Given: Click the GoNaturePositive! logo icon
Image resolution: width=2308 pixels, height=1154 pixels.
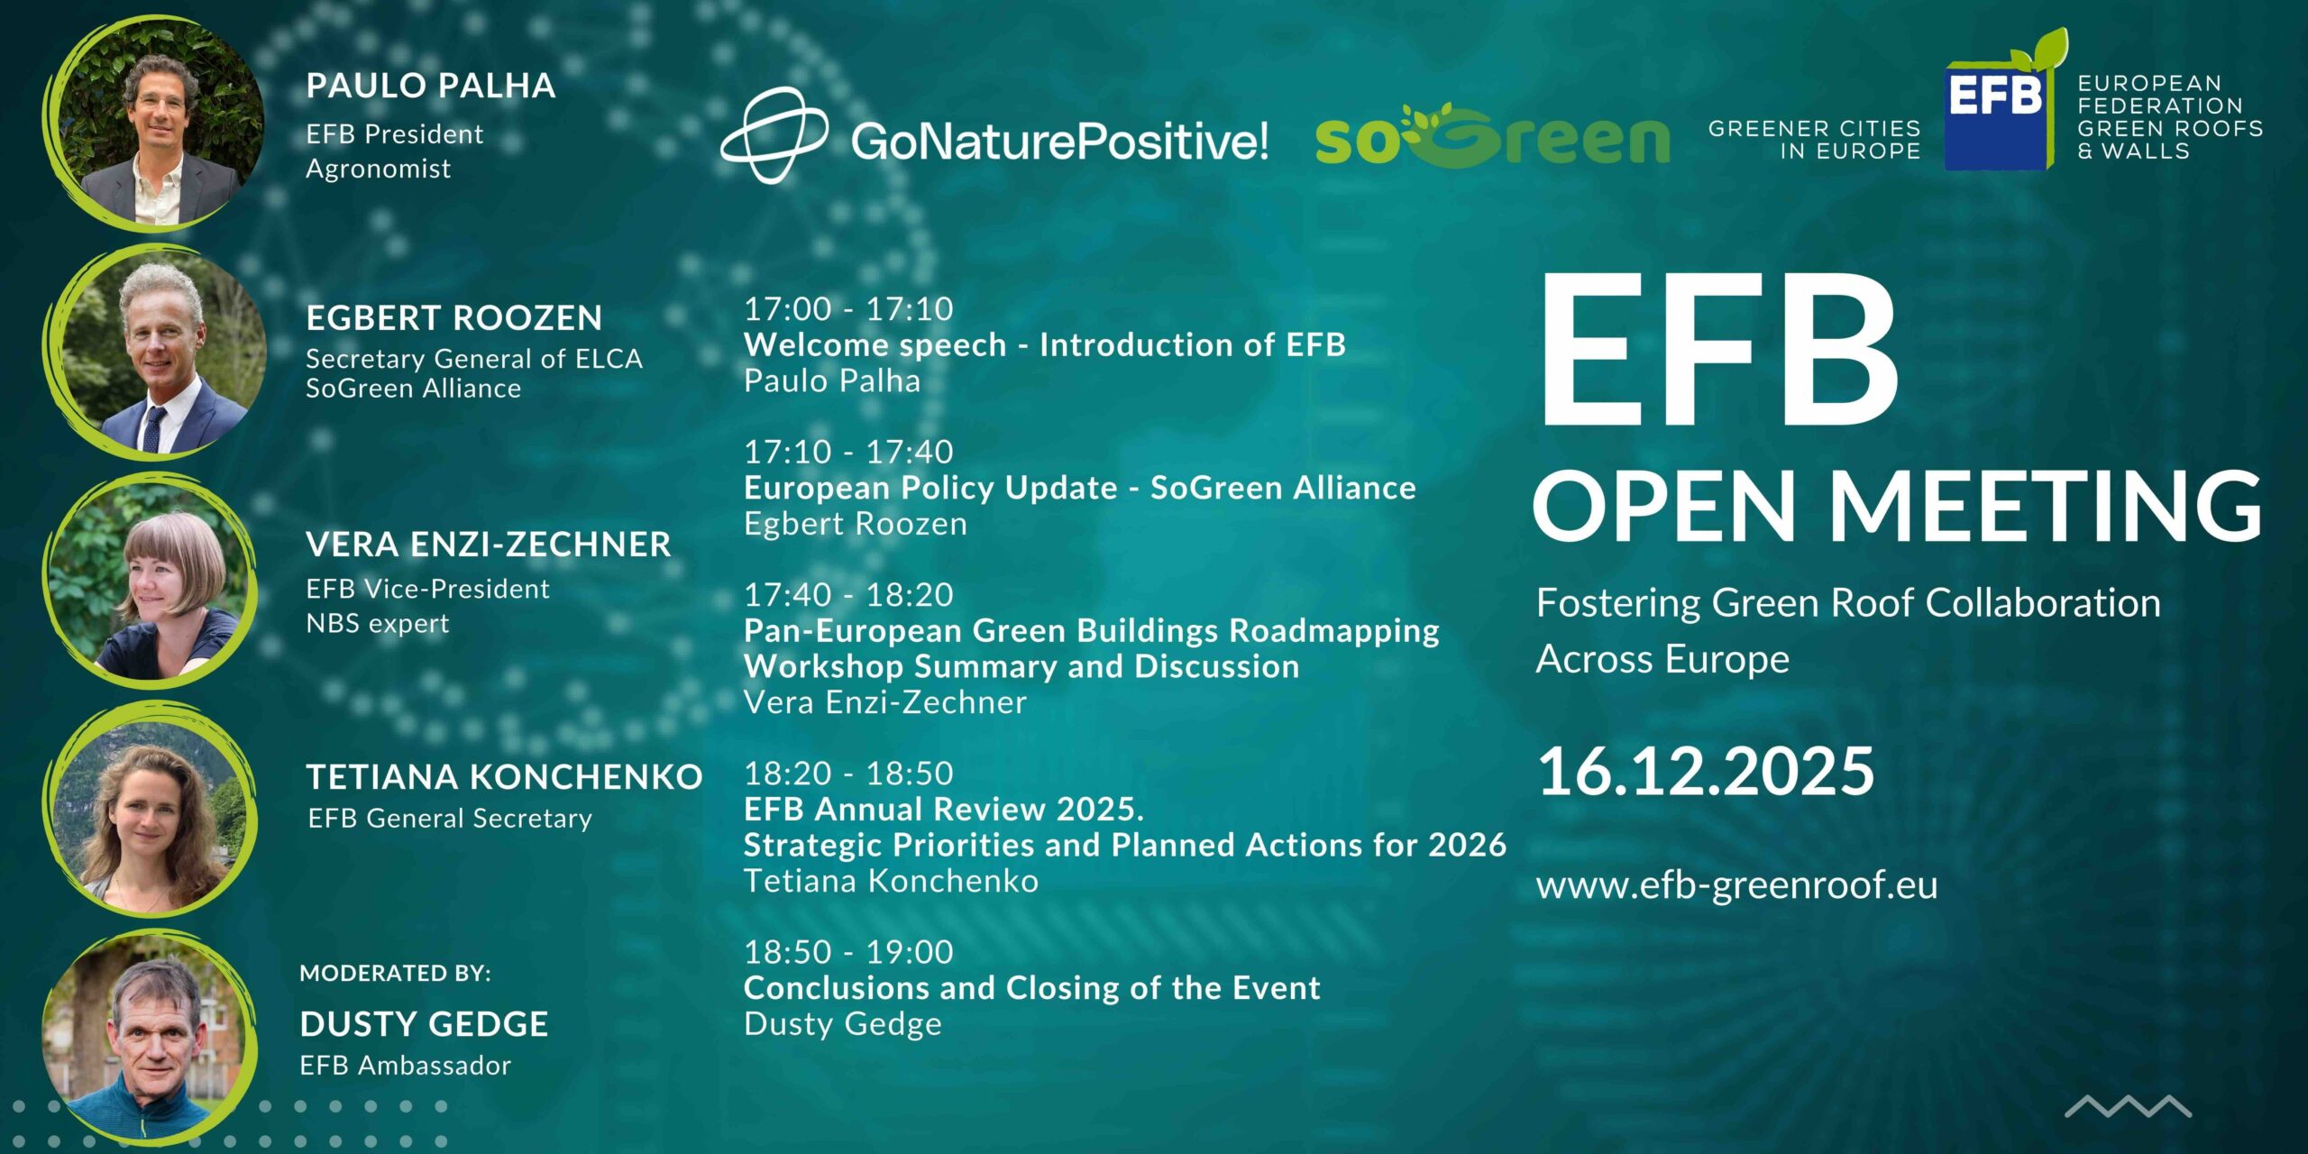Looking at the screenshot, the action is pyautogui.click(x=774, y=135).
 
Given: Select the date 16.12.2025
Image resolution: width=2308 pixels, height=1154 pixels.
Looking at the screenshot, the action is pyautogui.click(x=1706, y=772).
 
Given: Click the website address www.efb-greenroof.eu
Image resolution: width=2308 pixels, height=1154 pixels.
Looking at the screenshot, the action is pyautogui.click(x=1737, y=885).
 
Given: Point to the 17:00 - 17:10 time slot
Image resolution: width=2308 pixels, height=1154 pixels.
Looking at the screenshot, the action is pyautogui.click(x=848, y=309).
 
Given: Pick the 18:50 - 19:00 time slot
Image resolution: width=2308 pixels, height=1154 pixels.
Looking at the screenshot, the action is pyautogui.click(x=848, y=952).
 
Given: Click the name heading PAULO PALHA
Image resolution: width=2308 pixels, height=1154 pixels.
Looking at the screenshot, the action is pyautogui.click(x=431, y=86).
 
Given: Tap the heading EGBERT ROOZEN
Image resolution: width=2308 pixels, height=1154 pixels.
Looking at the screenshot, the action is pyautogui.click(x=453, y=318).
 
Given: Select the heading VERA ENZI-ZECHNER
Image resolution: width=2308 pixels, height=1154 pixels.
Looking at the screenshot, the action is pyautogui.click(x=489, y=545).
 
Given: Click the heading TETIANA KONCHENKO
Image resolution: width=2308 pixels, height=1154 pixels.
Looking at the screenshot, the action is pyautogui.click(x=504, y=777).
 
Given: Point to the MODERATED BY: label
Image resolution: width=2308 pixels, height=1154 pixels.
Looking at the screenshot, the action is pyautogui.click(x=396, y=974).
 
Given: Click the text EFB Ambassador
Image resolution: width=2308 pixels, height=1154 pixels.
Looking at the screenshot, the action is pyautogui.click(x=406, y=1066).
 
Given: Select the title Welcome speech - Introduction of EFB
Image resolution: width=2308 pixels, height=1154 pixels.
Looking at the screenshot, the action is pyautogui.click(x=1045, y=344).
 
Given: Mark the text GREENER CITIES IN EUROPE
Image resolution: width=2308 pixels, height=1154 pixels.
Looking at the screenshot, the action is pyautogui.click(x=1814, y=140).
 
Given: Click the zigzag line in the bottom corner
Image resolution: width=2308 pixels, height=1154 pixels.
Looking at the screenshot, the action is pyautogui.click(x=2128, y=1106).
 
